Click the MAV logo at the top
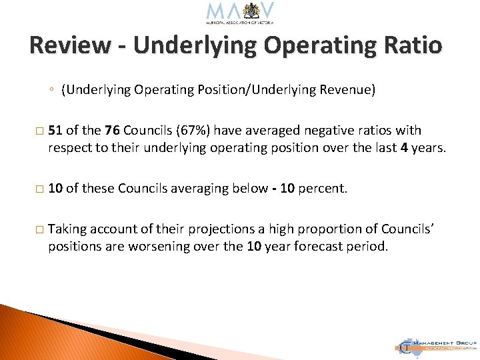point(240,13)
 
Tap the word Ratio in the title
point(412,45)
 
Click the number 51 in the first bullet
point(55,131)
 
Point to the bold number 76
point(112,131)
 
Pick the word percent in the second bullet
point(323,189)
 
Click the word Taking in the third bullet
point(67,229)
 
